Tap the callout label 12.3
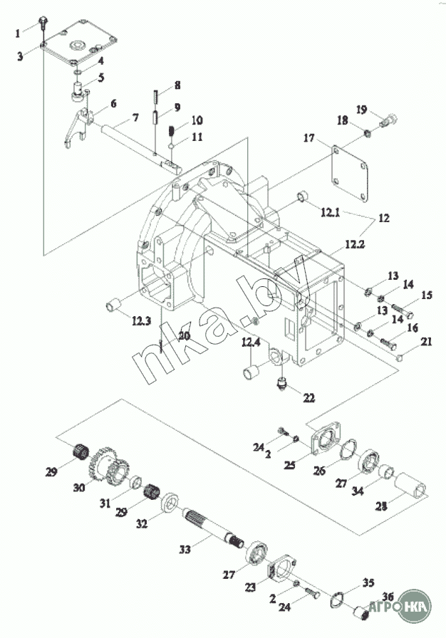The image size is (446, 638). [141, 321]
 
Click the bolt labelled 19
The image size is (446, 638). [387, 122]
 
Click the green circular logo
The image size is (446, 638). [413, 605]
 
